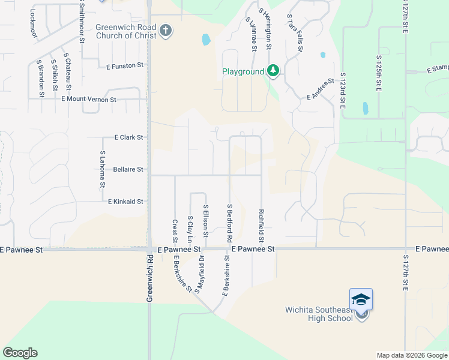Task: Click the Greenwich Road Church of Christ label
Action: [126, 31]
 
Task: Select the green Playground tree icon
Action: [273, 71]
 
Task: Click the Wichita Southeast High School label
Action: [319, 314]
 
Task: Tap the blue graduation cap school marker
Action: [361, 299]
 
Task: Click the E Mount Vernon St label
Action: [88, 99]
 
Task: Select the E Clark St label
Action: [128, 137]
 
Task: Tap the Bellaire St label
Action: [128, 170]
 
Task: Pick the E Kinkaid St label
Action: [125, 202]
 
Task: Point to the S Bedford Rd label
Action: [230, 223]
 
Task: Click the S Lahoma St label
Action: [102, 170]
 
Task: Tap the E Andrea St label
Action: [320, 89]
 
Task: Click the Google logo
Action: [20, 353]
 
